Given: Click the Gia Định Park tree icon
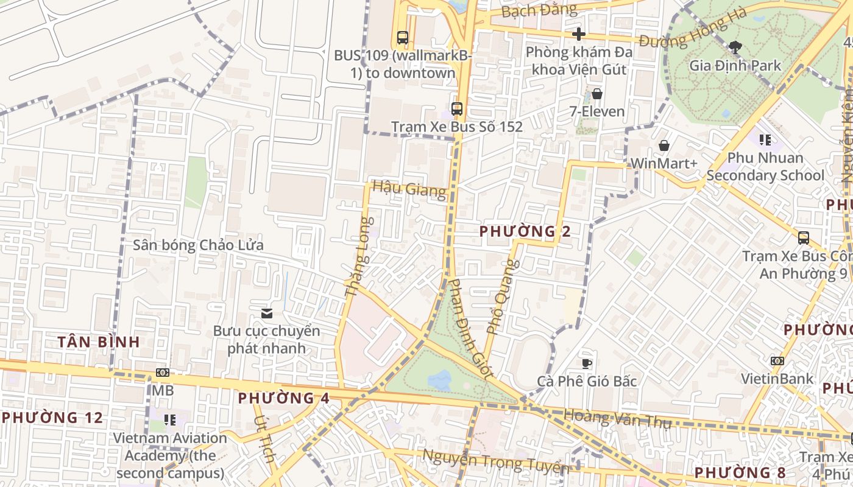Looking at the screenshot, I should tap(735, 47).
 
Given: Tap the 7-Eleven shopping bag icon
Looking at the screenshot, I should tap(597, 94).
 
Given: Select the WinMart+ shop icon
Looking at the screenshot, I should tap(664, 145).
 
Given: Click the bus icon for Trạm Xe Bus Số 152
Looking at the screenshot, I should tap(456, 109).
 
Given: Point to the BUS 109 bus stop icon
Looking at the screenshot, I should tap(402, 37).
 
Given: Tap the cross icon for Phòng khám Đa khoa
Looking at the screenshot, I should tap(579, 34).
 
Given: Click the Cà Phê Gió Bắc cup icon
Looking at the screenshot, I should tap(587, 363).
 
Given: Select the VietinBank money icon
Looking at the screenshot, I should tap(777, 361).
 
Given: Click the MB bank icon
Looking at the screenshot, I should tap(163, 373).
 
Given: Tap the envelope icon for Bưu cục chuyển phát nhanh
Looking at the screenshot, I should tap(266, 314).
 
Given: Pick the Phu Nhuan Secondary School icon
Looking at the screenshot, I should tap(765, 140).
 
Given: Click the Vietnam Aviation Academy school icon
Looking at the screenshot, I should tap(170, 420).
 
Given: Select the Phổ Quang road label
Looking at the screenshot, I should tap(503, 297).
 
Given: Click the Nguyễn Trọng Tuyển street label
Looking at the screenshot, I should tap(495, 462).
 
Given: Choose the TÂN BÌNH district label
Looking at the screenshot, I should tap(99, 342).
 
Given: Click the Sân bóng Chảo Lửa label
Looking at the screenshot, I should tap(198, 245).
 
